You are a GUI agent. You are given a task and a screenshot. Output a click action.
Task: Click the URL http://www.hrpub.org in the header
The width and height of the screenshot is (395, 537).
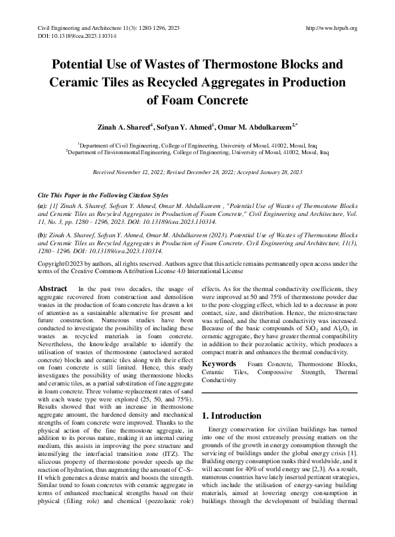tap(330, 28)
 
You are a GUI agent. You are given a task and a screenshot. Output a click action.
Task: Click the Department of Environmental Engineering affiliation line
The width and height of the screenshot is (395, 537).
tap(197, 152)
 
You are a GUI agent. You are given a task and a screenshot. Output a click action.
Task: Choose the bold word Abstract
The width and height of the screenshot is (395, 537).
tap(53, 288)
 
